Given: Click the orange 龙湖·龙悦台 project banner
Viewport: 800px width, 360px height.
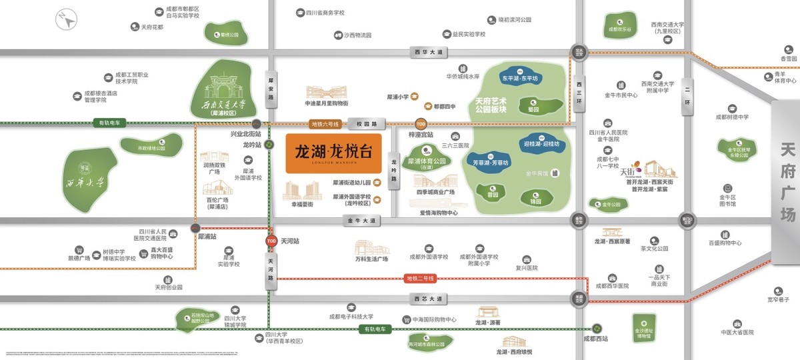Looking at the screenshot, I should click(334, 154).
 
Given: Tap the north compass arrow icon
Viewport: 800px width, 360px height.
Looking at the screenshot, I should click(67, 20).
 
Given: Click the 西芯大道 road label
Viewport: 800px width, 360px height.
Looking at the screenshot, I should click(427, 299).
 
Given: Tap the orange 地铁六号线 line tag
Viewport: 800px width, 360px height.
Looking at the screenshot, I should click(325, 124).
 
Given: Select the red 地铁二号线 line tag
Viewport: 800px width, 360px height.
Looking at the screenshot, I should click(420, 278).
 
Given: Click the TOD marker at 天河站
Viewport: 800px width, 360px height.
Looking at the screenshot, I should click(271, 241).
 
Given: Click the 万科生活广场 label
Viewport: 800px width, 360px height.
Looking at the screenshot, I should click(371, 259).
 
